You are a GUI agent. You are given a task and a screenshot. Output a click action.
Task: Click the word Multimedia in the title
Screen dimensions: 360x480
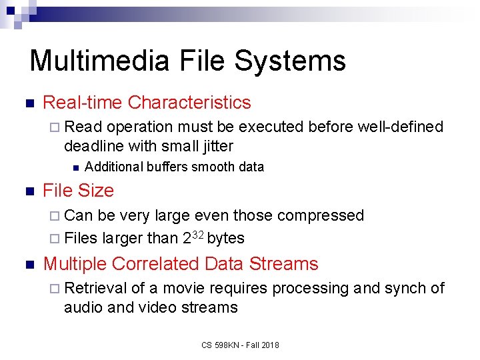(x=100, y=61)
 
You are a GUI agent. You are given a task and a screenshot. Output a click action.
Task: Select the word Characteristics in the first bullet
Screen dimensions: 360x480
(x=189, y=103)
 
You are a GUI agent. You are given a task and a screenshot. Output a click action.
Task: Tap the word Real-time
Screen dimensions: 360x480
(x=82, y=103)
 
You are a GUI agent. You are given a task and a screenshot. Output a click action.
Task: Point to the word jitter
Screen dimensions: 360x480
(x=214, y=145)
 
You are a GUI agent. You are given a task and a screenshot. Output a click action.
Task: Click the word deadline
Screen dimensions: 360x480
(x=92, y=145)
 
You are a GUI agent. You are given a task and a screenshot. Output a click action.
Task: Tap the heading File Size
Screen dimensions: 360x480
(x=78, y=191)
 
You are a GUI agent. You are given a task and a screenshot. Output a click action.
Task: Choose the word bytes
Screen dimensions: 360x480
(x=225, y=238)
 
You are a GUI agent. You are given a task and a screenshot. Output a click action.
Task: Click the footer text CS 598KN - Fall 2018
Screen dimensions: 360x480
(x=240, y=345)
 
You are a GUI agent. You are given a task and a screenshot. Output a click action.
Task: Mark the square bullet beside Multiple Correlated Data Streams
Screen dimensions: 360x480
(x=28, y=264)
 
